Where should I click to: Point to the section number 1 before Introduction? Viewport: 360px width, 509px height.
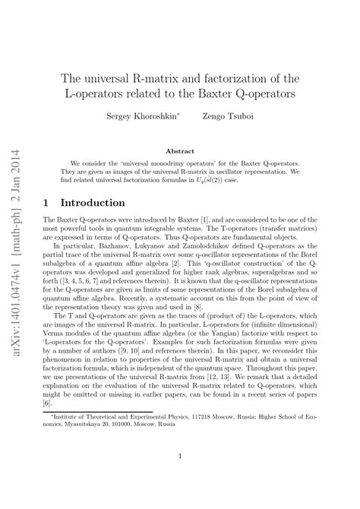click(x=49, y=204)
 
